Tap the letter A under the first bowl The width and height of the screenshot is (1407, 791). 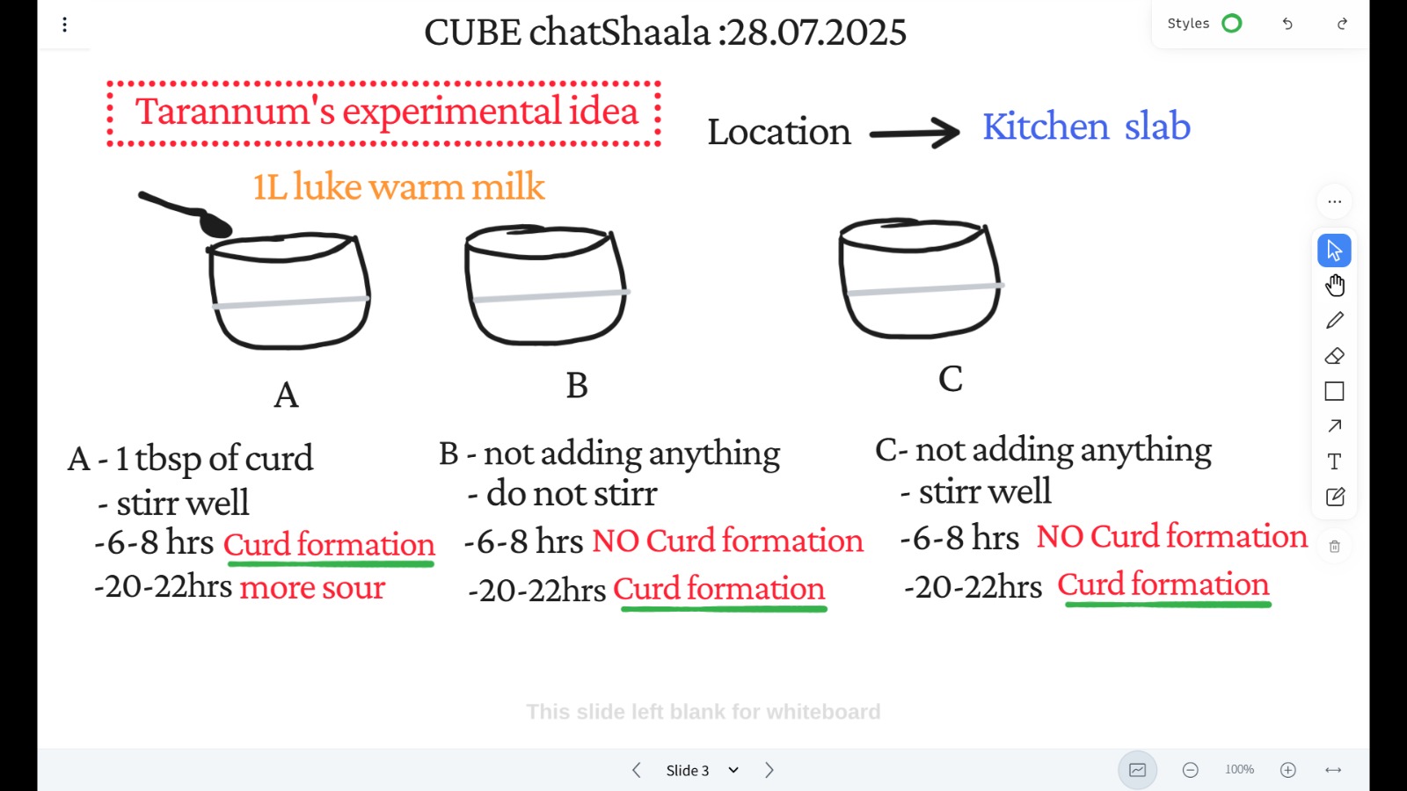286,395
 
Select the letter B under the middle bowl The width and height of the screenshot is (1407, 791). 577,385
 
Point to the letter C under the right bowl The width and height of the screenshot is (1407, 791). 951,379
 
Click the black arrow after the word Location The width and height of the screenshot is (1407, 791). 915,133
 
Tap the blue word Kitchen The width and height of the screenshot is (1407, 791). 1046,127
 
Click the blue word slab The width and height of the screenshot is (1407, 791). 1157,127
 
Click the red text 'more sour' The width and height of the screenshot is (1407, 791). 312,588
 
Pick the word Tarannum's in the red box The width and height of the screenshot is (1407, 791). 235,112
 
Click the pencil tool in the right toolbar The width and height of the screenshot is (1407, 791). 1335,320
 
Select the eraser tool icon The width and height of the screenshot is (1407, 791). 1335,356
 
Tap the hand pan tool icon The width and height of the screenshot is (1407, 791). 1335,285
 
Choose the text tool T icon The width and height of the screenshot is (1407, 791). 1335,462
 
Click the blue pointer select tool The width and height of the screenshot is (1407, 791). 1334,250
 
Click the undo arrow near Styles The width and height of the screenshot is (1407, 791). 1287,24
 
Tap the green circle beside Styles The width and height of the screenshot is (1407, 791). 1232,24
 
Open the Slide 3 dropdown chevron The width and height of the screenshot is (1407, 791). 733,770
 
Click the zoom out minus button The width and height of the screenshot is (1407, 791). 1190,770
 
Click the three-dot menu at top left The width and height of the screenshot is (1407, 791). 65,25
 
